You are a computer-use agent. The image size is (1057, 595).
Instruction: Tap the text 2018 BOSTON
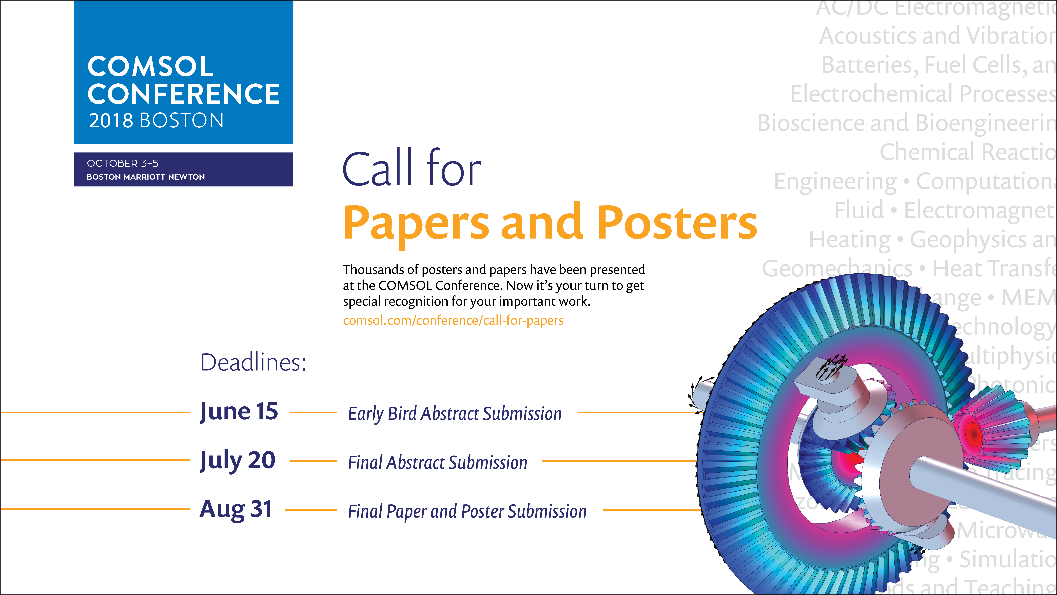click(156, 121)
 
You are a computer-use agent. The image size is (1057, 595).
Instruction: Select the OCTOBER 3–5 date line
click(122, 163)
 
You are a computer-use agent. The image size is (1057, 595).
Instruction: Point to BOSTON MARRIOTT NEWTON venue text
click(146, 177)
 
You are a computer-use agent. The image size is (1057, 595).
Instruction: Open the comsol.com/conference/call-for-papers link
click(453, 320)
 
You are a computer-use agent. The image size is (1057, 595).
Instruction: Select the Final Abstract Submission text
click(437, 462)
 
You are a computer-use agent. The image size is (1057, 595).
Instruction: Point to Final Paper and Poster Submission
click(467, 511)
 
